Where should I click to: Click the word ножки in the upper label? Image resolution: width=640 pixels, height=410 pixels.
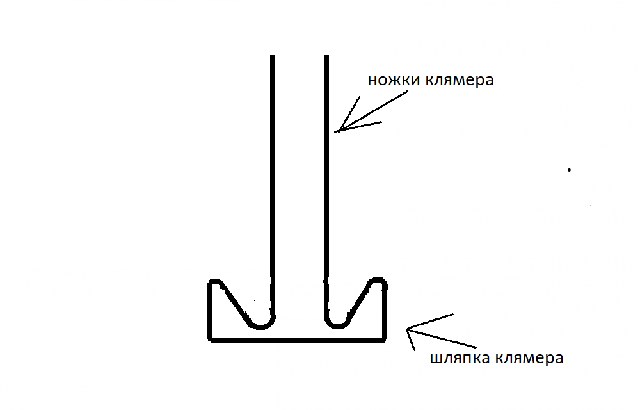click(x=394, y=79)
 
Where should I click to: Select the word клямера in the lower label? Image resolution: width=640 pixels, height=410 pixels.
click(x=529, y=358)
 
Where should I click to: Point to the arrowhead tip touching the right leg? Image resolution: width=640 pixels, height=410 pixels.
click(x=335, y=131)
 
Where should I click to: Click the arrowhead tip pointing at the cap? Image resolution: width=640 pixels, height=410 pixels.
click(x=406, y=329)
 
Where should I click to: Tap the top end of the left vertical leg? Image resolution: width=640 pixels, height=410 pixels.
click(x=273, y=56)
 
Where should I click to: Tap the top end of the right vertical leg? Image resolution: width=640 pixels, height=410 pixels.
click(x=326, y=56)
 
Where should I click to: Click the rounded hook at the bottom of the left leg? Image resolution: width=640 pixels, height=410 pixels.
click(x=262, y=326)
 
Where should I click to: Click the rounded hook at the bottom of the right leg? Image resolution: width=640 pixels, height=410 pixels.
click(x=337, y=326)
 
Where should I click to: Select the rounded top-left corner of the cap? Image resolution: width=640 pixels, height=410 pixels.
click(x=214, y=281)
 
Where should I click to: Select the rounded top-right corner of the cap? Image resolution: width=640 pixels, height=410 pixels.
click(x=377, y=280)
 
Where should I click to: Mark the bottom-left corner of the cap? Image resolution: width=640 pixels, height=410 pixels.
click(x=211, y=340)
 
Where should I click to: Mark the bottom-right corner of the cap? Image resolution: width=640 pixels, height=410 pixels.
click(x=384, y=340)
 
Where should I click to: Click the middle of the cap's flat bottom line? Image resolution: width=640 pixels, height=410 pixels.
click(x=297, y=340)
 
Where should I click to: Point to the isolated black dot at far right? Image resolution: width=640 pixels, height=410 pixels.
click(x=569, y=170)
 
